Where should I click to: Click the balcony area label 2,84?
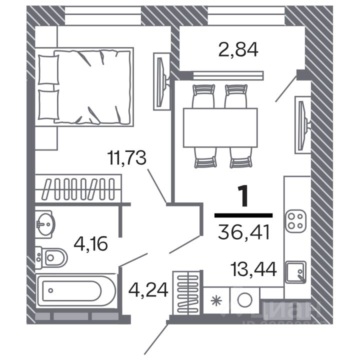tap(238, 50)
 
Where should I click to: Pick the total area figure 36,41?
tap(244, 232)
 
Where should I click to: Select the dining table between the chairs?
tap(220, 127)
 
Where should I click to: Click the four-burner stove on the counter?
tap(294, 220)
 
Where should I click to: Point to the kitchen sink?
tap(295, 271)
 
